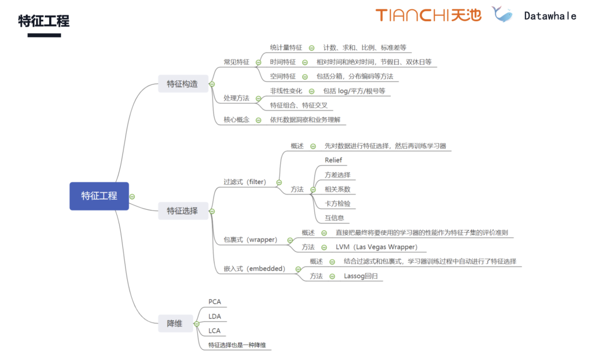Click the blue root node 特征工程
coord(99,196)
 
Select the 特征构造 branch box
coord(182,84)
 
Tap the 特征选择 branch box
coord(182,210)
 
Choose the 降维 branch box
coord(175,323)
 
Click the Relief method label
coord(333,160)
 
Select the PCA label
coord(215,302)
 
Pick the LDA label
coord(215,316)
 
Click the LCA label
coord(215,331)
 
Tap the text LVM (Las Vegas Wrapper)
coord(376,247)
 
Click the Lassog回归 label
coord(361,276)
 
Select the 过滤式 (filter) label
coord(245,182)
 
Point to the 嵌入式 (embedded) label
coord(254,268)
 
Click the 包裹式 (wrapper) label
coord(251,239)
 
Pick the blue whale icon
coord(502,15)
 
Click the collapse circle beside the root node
coord(132,196)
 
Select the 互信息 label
coord(334,217)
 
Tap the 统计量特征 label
coord(286,48)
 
